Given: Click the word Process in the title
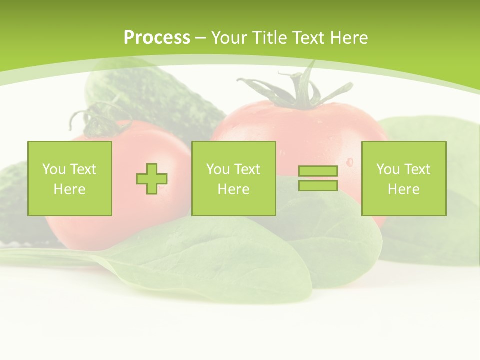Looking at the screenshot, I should tap(157, 37).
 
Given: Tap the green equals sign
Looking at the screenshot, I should tap(318, 178).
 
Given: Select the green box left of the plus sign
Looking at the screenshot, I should tap(70, 178).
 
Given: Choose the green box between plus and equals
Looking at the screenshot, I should tap(233, 178).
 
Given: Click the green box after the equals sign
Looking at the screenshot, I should tap(404, 178).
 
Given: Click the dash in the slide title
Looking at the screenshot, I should tap(201, 38).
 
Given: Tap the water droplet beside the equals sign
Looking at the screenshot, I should tap(349, 161).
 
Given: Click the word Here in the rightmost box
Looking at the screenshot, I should tap(403, 189).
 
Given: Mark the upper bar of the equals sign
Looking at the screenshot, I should tap(318, 171).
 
